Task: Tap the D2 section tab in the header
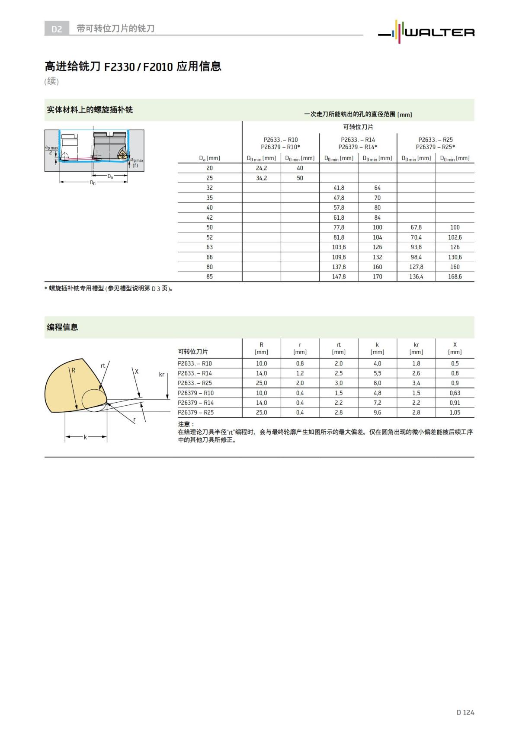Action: point(57,29)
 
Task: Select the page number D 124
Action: point(465,712)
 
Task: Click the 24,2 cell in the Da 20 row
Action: point(261,168)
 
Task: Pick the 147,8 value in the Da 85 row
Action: point(339,277)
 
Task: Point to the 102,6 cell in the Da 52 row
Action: point(455,237)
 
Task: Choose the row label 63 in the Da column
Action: point(209,247)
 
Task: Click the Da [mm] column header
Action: point(209,158)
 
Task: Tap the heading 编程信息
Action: point(63,327)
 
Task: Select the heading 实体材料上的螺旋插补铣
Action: point(90,110)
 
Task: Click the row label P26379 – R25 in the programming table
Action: point(196,413)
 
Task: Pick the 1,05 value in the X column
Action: point(455,413)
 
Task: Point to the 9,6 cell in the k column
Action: point(377,413)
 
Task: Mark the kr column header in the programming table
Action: point(416,345)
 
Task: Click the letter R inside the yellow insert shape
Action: point(74,370)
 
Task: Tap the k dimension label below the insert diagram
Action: point(85,437)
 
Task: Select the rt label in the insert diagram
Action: point(103,366)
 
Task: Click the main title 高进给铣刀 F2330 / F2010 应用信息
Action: point(133,67)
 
